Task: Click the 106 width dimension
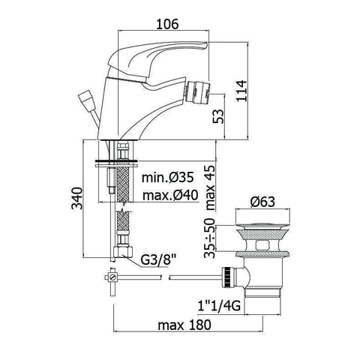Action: [x=167, y=24]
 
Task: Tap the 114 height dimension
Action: [x=241, y=91]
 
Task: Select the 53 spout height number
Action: [x=218, y=116]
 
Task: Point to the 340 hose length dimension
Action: [x=76, y=198]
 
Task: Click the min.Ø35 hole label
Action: [x=168, y=177]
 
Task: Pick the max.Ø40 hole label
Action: [x=170, y=195]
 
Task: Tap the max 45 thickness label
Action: [x=210, y=187]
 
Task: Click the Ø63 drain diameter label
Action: [x=262, y=202]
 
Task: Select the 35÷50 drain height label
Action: [x=209, y=238]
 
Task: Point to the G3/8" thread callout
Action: [x=156, y=260]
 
